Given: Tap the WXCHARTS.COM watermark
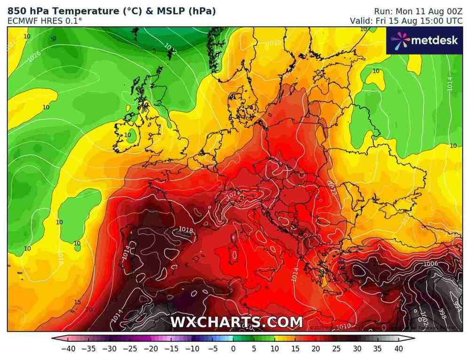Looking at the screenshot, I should pyautogui.click(x=236, y=322).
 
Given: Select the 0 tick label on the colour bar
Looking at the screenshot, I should pyautogui.click(x=233, y=349).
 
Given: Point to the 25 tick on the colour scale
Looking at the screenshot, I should pyautogui.click(x=336, y=349).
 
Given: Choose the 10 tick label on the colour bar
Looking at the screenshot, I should pyautogui.click(x=274, y=349).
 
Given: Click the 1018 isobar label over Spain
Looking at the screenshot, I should pyautogui.click(x=186, y=229).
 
